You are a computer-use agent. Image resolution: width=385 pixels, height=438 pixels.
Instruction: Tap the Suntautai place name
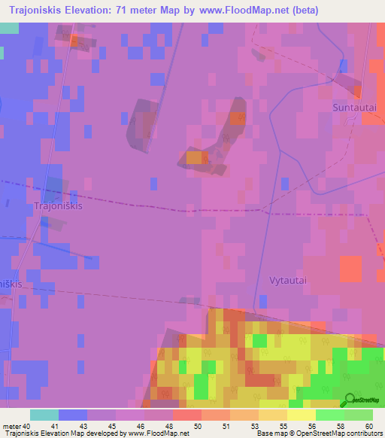pos(353,108)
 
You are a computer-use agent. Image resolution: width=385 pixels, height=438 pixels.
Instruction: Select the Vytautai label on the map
pos(289,279)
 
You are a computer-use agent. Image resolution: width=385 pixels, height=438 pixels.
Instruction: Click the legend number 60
pos(368,426)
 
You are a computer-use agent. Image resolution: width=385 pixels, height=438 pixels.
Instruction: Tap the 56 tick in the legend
pos(311,426)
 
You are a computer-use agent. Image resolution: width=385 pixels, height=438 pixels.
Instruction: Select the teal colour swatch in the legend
pos(44,415)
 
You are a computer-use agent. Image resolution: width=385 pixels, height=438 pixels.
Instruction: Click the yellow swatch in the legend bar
pos(301,415)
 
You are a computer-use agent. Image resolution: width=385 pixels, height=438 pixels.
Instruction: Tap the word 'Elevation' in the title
pos(80,11)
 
